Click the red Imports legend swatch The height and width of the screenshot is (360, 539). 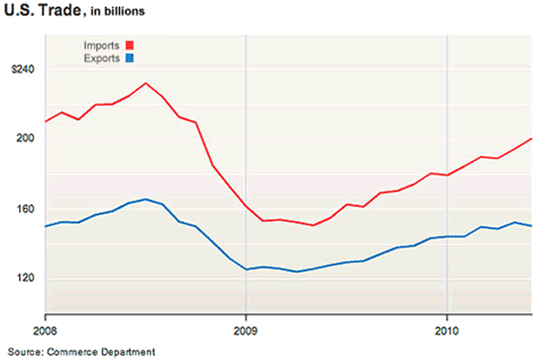(x=130, y=45)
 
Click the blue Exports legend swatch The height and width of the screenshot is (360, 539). (x=130, y=58)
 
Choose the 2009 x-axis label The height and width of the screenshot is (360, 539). (x=245, y=331)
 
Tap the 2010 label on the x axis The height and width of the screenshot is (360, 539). (x=446, y=331)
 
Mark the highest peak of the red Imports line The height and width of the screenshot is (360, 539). (x=145, y=83)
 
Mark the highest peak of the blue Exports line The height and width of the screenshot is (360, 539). (x=145, y=199)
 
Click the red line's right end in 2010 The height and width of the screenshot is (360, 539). (x=530, y=139)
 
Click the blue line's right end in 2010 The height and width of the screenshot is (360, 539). (x=530, y=226)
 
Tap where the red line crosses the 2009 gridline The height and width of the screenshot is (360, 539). (x=246, y=207)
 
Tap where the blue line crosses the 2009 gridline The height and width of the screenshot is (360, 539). (x=246, y=269)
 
